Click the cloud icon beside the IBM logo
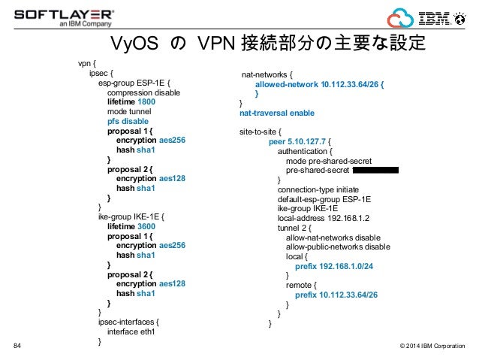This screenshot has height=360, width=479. [399, 17]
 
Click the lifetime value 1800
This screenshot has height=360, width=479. [146, 101]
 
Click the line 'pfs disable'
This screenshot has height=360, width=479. [128, 121]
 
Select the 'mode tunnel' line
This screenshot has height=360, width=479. [129, 111]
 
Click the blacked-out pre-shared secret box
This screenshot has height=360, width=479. [373, 170]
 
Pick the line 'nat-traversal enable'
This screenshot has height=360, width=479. [276, 113]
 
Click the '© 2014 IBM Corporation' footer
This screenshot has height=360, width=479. [432, 346]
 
